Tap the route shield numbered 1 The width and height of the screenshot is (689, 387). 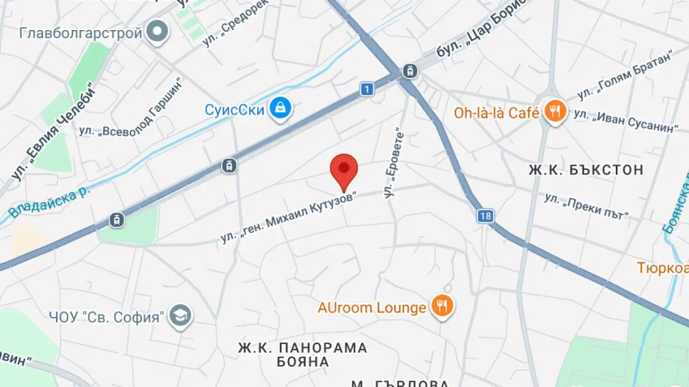(x=367, y=89)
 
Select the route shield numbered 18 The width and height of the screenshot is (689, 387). (x=485, y=216)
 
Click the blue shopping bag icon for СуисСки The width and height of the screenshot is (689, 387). (x=281, y=108)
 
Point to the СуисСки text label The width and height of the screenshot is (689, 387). (x=235, y=109)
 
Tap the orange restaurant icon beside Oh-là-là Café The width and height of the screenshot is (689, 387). (x=555, y=111)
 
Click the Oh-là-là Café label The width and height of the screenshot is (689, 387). (x=497, y=113)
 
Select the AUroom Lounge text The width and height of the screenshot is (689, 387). (x=372, y=308)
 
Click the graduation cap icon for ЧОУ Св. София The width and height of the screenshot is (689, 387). (x=181, y=316)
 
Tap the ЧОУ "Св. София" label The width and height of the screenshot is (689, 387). (x=107, y=317)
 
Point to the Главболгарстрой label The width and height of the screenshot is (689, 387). (x=81, y=33)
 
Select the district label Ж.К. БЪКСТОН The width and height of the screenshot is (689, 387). (x=586, y=170)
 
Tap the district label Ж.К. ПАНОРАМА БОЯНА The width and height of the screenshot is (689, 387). (x=302, y=354)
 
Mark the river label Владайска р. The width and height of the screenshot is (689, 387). (x=49, y=202)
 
